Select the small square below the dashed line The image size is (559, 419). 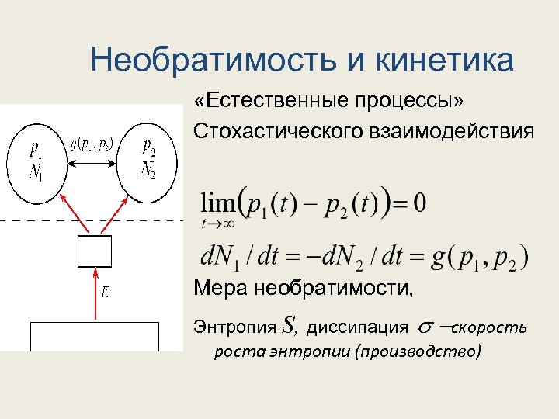point(95,251)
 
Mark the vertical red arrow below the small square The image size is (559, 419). point(95,294)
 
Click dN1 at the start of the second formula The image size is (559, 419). point(223,255)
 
